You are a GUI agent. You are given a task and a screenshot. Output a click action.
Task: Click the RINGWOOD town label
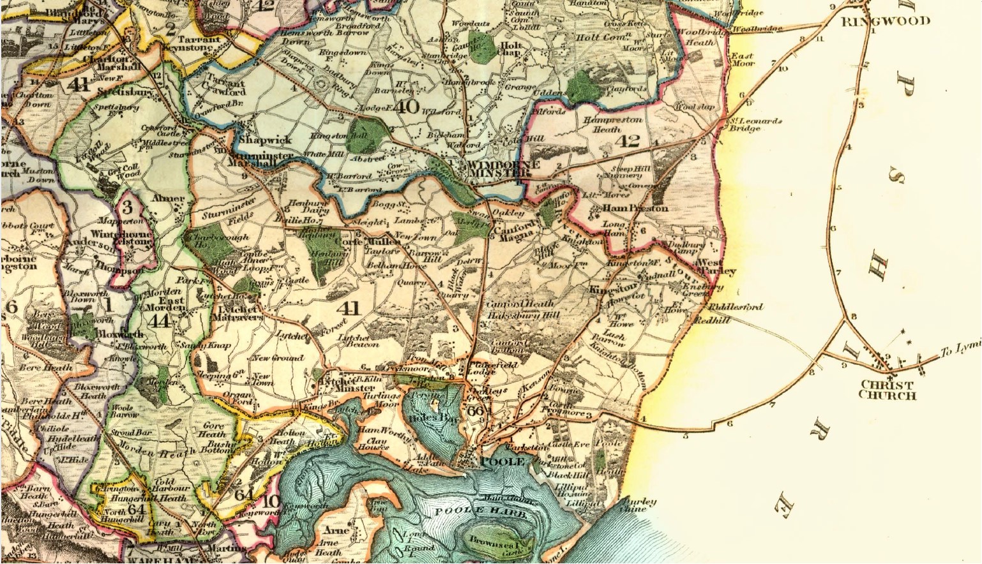886,21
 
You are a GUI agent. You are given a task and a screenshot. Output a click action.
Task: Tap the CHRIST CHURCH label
887,390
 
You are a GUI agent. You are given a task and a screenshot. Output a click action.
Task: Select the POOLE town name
502,461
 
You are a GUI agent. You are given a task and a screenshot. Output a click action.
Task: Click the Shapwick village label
265,140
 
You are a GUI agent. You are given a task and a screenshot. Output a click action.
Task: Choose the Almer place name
167,198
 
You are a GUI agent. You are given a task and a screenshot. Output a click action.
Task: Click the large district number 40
407,106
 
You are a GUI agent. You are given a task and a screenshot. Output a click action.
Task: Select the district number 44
159,320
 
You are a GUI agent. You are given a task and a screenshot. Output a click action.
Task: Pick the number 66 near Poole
476,410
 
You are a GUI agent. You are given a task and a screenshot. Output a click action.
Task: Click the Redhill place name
712,320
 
